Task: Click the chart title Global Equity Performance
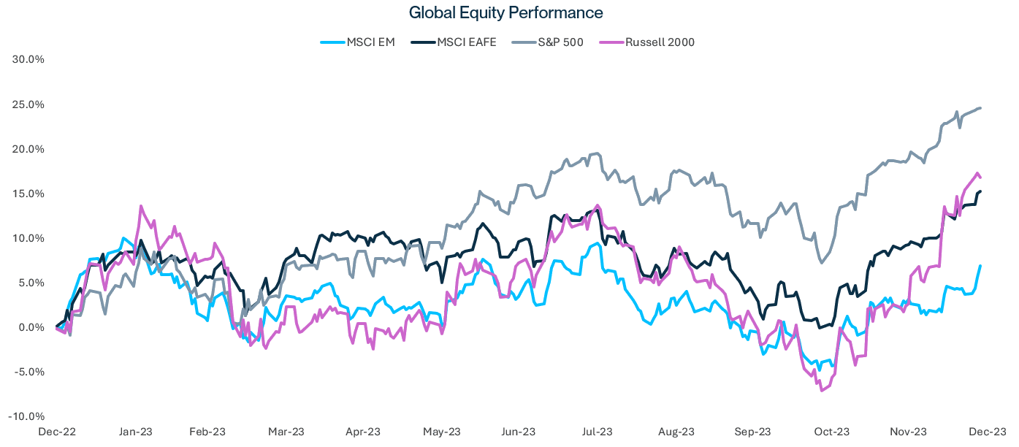pyautogui.click(x=505, y=13)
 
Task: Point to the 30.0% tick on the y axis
pyautogui.click(x=29, y=60)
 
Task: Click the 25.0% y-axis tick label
pyautogui.click(x=29, y=104)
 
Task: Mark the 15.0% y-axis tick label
pyautogui.click(x=29, y=194)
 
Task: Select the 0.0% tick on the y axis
pyautogui.click(x=31, y=327)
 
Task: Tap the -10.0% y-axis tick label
pyautogui.click(x=28, y=416)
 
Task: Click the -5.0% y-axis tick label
pyautogui.click(x=29, y=372)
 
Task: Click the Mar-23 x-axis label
pyautogui.click(x=287, y=432)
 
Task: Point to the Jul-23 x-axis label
pyautogui.click(x=597, y=432)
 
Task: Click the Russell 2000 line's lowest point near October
pyautogui.click(x=823, y=391)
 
